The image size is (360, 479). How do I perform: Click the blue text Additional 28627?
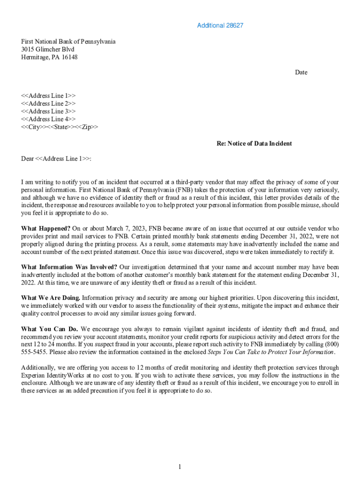tap(220, 25)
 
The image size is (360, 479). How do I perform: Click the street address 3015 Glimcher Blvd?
tap(48, 50)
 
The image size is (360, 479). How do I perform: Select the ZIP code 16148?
tap(69, 58)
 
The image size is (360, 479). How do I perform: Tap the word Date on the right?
tap(301, 73)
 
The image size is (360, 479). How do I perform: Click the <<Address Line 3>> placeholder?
tap(49, 111)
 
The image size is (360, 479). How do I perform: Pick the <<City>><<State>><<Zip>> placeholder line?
tap(60, 127)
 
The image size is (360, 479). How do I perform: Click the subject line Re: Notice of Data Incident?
tap(254, 144)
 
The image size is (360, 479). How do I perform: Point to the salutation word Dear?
tap(28, 159)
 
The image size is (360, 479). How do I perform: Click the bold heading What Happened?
tap(45, 229)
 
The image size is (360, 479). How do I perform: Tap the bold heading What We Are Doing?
tap(50, 298)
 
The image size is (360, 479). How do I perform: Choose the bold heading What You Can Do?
tap(50, 329)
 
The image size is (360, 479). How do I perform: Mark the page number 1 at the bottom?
tap(180, 467)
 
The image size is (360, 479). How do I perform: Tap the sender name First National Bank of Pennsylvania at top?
tap(68, 42)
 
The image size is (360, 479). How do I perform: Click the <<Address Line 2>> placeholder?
tap(49, 103)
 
